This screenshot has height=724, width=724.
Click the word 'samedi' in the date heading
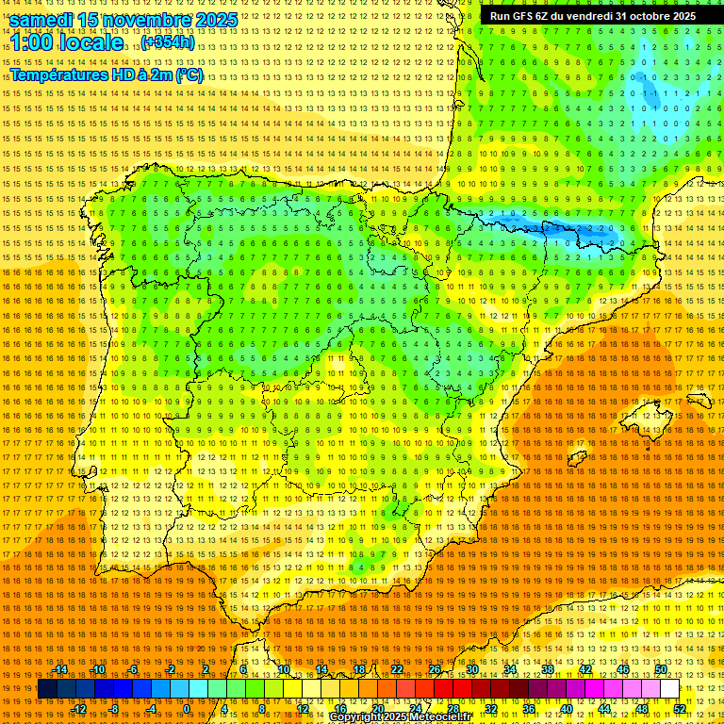[x=42, y=19]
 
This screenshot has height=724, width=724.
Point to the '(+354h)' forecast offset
[x=168, y=42]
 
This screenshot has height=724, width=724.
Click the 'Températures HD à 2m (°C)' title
[x=107, y=74]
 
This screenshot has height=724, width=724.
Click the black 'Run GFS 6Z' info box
[x=593, y=16]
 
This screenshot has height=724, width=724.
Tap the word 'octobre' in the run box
[x=650, y=16]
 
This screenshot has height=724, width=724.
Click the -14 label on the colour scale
[x=61, y=669]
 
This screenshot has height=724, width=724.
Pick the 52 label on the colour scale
[x=680, y=709]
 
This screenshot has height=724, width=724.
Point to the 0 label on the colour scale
[x=187, y=709]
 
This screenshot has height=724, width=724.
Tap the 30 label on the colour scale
[x=472, y=669]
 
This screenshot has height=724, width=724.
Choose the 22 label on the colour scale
[x=397, y=669]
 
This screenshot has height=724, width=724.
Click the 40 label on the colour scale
[x=567, y=709]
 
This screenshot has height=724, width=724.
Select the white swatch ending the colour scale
[x=670, y=689]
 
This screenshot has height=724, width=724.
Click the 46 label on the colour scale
[x=623, y=669]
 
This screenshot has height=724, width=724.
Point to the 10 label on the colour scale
[x=284, y=669]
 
